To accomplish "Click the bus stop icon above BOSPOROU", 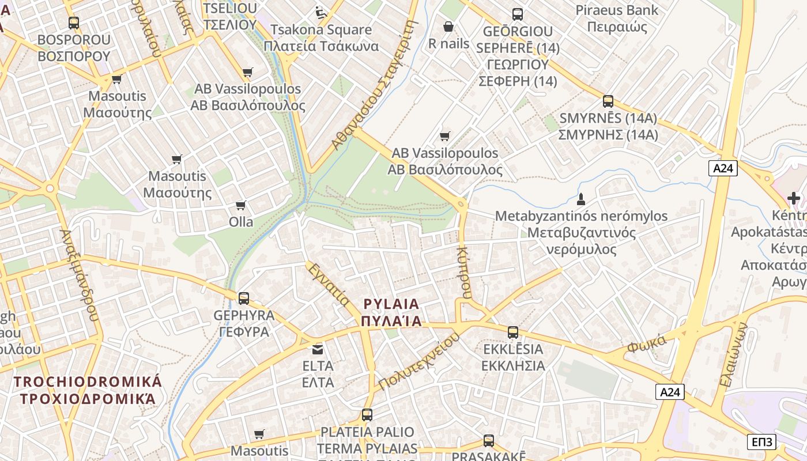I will [74, 23].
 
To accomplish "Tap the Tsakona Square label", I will [321, 37].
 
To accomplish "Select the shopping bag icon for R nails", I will [448, 27].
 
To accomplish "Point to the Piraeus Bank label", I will [617, 18].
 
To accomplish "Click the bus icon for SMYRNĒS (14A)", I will [608, 101].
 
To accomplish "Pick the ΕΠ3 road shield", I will [761, 442].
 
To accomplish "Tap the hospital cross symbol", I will [794, 199].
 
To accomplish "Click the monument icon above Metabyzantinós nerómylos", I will [581, 200].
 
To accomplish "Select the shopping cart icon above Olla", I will [241, 206].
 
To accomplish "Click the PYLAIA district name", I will [391, 312].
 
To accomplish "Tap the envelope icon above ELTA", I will [318, 349].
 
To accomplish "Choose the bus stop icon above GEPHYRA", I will [244, 298].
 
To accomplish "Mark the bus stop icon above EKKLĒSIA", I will [512, 332].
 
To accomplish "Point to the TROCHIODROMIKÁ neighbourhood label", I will [88, 390].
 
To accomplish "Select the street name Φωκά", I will [647, 343].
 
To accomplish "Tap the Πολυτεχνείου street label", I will [419, 362].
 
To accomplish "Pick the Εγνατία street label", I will [328, 285].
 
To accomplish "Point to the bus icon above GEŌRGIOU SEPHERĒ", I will [518, 14].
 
